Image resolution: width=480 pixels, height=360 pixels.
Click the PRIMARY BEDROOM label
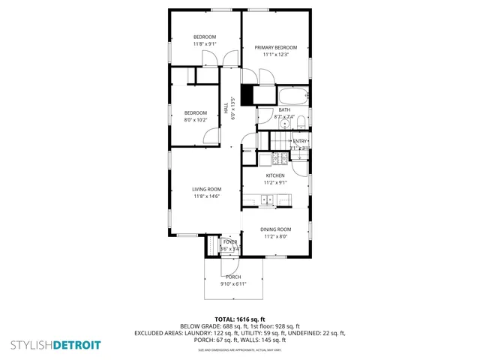(x=275, y=47)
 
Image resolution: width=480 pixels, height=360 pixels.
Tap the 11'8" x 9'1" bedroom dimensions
(x=205, y=44)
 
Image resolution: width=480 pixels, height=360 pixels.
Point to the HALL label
(x=226, y=109)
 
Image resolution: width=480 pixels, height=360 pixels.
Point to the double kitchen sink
(x=265, y=199)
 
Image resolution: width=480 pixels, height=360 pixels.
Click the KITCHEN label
(x=275, y=175)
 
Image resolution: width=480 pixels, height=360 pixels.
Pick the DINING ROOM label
(x=275, y=229)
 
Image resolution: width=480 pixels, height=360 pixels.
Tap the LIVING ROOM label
(x=206, y=189)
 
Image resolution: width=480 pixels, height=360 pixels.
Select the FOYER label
(x=229, y=241)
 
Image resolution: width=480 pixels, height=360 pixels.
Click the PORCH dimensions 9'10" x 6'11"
(x=232, y=283)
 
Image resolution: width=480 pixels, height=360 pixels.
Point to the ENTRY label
(x=300, y=140)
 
